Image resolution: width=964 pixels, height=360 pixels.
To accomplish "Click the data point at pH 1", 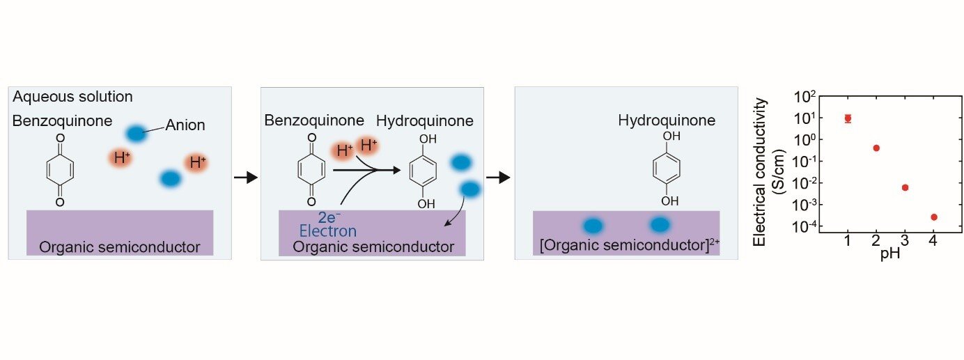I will pyautogui.click(x=848, y=118).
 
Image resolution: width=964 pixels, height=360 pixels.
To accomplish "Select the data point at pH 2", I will pyautogui.click(x=876, y=148).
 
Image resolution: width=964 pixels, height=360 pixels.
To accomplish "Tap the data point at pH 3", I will pyautogui.click(x=905, y=187).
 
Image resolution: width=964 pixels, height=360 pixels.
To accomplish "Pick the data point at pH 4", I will pyautogui.click(x=933, y=217).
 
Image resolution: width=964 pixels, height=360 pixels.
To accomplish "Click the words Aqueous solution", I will pyautogui.click(x=72, y=97).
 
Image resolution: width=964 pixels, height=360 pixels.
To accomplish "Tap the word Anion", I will pyautogui.click(x=185, y=126).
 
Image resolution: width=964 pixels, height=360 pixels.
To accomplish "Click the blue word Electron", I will pyautogui.click(x=328, y=231).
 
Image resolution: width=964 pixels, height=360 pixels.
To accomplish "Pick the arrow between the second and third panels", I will pyautogui.click(x=498, y=178).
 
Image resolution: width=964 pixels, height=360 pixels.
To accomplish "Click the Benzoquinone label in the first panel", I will pyautogui.click(x=62, y=121).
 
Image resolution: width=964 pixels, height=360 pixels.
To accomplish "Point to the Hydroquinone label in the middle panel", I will pyautogui.click(x=425, y=121).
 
